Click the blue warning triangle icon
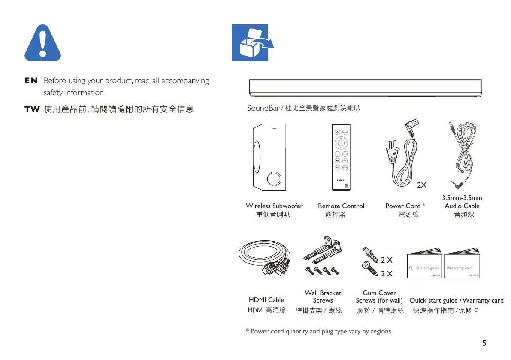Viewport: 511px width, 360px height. tap(42, 43)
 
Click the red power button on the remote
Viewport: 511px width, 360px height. tap(337, 131)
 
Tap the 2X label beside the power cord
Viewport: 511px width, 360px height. tap(422, 185)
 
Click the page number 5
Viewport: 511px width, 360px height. tap(484, 343)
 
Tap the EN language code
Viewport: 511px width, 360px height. tap(31, 81)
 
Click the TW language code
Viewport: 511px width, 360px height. tap(32, 109)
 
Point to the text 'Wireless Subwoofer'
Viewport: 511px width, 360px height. tap(274, 206)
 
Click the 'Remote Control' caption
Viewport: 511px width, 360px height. tap(341, 206)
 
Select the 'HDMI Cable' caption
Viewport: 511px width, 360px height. tap(266, 300)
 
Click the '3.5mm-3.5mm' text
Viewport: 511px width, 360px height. tap(462, 198)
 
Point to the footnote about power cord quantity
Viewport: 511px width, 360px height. tap(319, 331)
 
